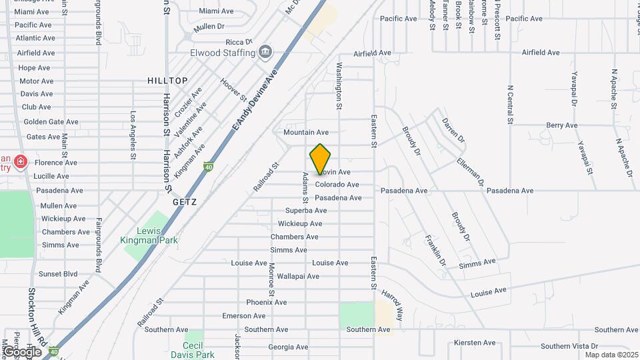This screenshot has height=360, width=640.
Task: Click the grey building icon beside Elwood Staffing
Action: click(x=265, y=51)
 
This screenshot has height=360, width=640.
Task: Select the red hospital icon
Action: click(x=21, y=162)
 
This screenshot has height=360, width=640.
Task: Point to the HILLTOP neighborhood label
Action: click(x=167, y=81)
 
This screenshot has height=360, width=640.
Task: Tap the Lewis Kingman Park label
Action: click(x=149, y=235)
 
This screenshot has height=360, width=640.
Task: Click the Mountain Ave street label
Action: click(x=306, y=133)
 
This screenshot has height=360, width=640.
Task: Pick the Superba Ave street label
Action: click(x=306, y=211)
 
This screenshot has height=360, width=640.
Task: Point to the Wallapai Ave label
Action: click(x=298, y=276)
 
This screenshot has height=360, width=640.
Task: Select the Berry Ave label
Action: click(x=561, y=125)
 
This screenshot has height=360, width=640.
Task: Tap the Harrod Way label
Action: click(x=393, y=304)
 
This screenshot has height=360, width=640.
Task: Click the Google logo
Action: click(x=21, y=351)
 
